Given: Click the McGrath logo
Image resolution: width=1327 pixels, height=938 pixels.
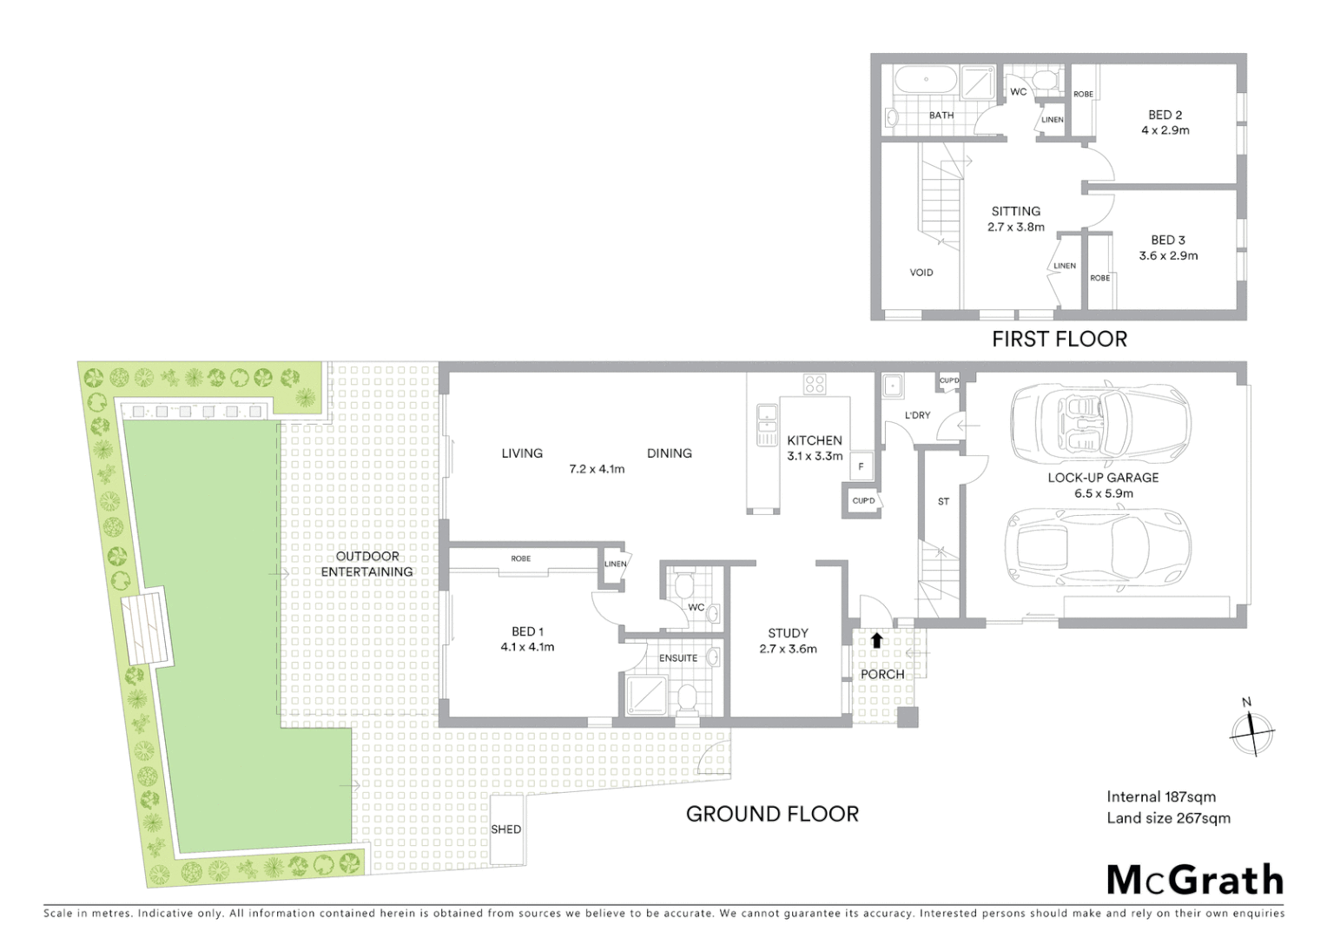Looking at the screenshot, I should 1195,880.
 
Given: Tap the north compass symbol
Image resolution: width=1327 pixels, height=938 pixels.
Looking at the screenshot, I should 1251,732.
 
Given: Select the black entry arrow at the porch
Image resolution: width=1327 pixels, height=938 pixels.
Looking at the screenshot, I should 876,641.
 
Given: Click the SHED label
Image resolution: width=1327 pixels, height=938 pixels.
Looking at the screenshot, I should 505,829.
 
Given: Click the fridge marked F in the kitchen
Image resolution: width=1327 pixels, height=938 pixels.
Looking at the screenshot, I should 861,466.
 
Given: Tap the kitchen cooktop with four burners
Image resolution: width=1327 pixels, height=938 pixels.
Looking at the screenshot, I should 814,385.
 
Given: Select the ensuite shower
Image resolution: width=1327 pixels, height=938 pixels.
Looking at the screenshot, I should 644,696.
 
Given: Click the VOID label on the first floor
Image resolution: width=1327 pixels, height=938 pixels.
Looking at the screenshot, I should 921,273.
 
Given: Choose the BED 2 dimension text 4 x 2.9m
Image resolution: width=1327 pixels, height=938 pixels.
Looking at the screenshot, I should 1165,130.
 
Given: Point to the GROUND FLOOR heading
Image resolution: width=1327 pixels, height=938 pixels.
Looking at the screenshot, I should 772,814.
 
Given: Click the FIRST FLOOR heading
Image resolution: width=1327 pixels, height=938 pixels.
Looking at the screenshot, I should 1059,339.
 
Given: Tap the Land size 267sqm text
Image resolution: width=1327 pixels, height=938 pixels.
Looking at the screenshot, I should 1168,817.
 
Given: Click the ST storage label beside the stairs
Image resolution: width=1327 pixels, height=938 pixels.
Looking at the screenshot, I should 943,502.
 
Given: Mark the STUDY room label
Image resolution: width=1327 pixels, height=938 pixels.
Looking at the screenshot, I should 788,633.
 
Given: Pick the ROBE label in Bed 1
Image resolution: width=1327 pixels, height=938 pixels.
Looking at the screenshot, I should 521,558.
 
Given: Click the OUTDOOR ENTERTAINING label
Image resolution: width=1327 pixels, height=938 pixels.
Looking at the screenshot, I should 367,564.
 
